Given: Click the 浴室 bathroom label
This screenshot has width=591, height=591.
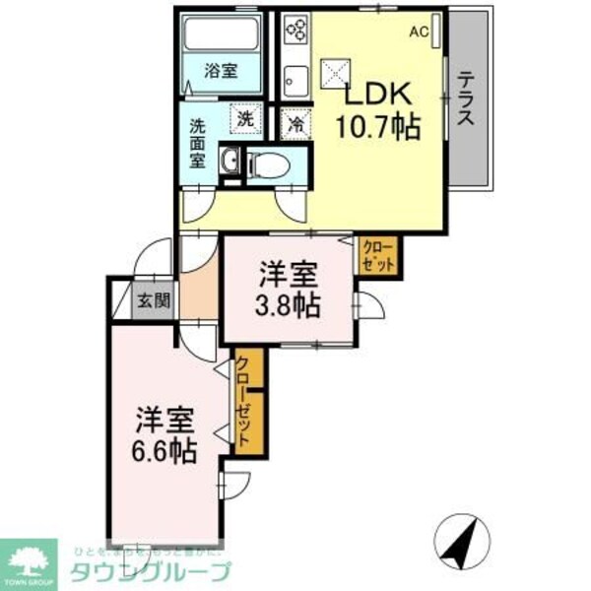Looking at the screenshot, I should pyautogui.click(x=221, y=71).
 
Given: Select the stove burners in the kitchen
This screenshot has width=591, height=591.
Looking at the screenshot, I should pyautogui.click(x=296, y=32).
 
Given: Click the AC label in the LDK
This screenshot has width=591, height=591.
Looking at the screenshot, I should pyautogui.click(x=419, y=32).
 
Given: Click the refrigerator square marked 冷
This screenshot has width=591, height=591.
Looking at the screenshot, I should pyautogui.click(x=295, y=123).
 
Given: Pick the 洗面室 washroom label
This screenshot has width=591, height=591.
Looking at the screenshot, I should pyautogui.click(x=199, y=142).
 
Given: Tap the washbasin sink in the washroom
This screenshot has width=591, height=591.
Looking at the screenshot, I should pyautogui.click(x=230, y=164).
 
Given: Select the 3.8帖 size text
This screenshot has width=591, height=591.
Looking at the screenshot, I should pyautogui.click(x=288, y=304).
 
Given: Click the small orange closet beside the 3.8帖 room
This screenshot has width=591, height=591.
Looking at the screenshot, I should pyautogui.click(x=378, y=256).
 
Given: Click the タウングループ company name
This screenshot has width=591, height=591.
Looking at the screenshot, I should pyautogui.click(x=149, y=571).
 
